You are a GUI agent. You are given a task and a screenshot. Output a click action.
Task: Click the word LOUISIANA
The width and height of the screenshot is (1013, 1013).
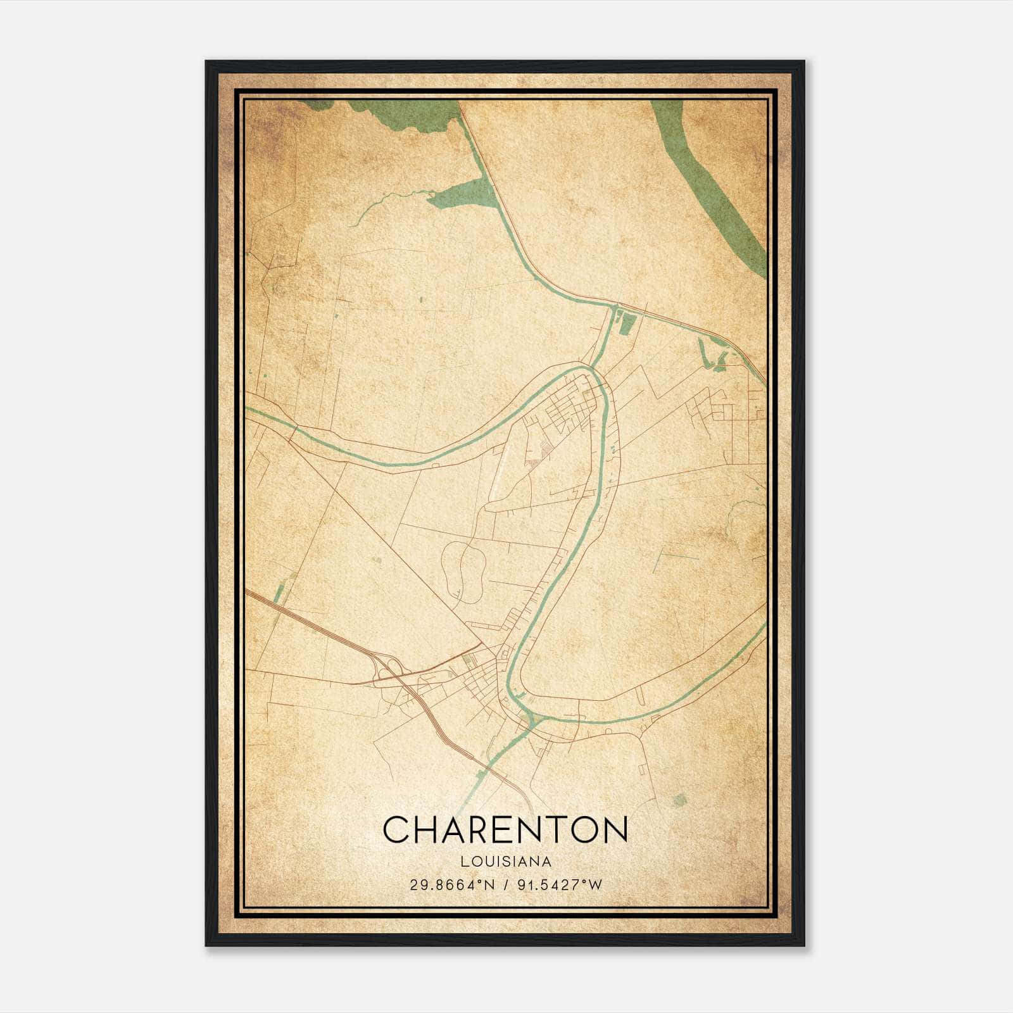(x=506, y=862)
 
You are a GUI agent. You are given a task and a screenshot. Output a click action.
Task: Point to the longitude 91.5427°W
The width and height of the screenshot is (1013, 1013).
(x=559, y=884)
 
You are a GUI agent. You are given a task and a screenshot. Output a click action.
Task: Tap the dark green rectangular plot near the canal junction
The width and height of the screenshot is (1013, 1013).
(x=627, y=323)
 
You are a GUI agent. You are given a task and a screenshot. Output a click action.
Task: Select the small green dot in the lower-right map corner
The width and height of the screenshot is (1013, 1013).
(x=679, y=800)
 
